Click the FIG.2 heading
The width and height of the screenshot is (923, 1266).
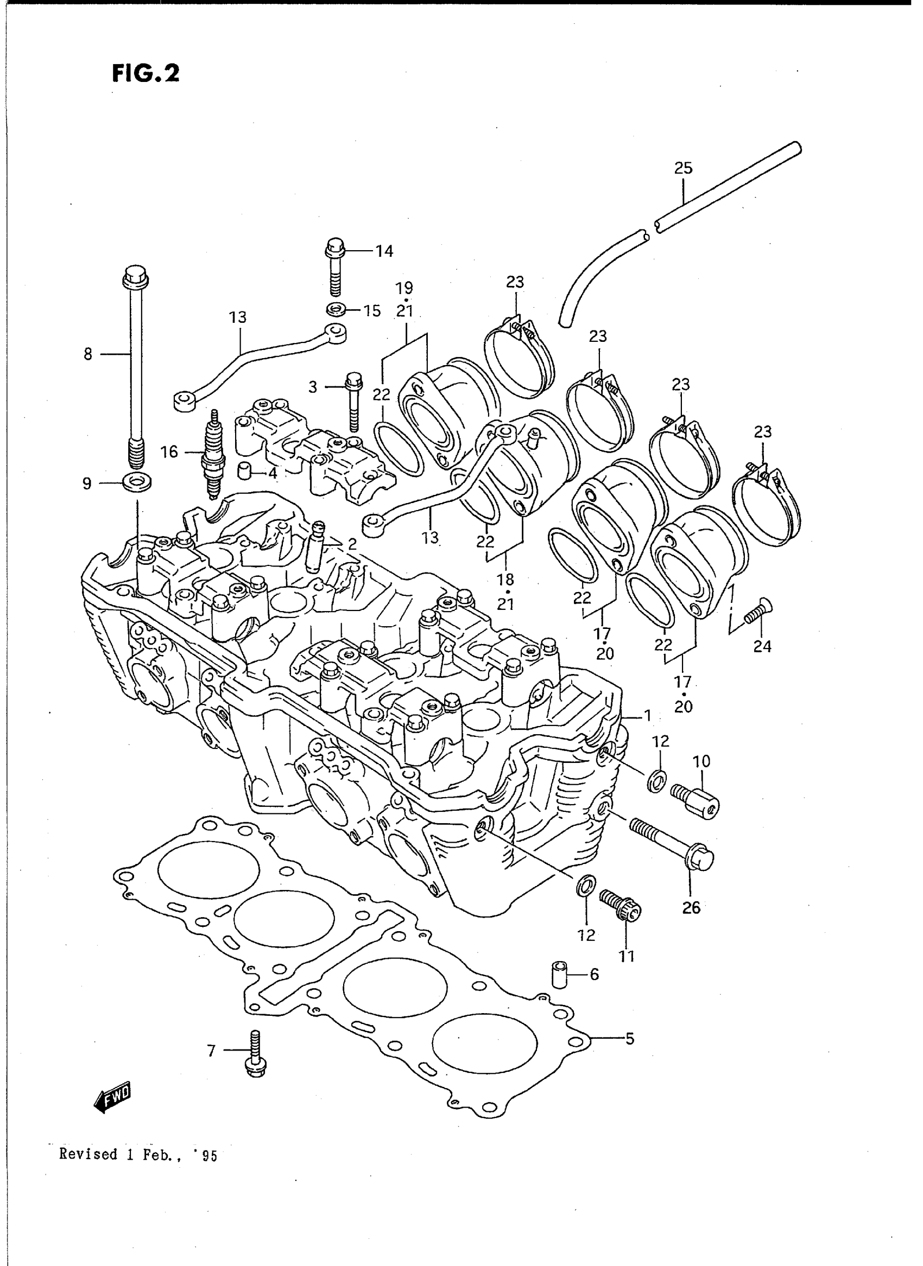pos(146,74)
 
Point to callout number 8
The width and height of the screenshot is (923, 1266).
pos(88,354)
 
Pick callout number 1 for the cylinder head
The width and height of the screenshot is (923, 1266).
pos(648,715)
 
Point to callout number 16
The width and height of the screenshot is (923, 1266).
pos(169,452)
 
